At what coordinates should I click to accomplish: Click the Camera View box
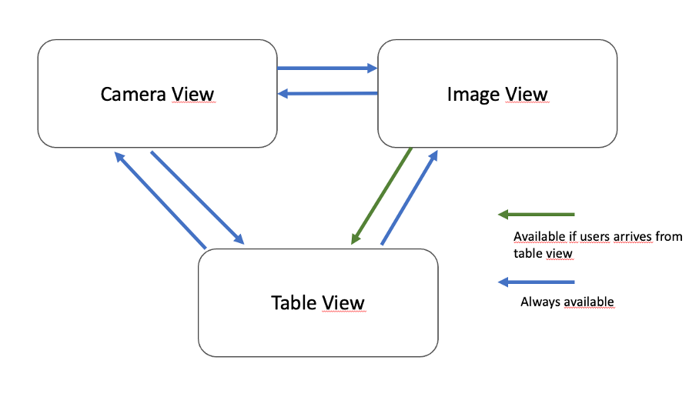coord(157,123)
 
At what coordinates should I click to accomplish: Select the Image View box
coord(497,123)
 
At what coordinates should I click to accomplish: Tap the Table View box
coord(318,331)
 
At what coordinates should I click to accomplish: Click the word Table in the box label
coord(293,302)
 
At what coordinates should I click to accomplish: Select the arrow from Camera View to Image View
coord(326,68)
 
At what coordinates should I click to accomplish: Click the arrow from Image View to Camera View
coord(326,94)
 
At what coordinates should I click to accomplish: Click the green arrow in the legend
coord(537,214)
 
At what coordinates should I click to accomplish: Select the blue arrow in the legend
coord(537,282)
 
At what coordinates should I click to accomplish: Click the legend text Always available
coord(567,302)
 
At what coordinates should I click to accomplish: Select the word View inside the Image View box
coord(523,95)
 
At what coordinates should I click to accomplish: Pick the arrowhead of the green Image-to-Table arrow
coord(356,239)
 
